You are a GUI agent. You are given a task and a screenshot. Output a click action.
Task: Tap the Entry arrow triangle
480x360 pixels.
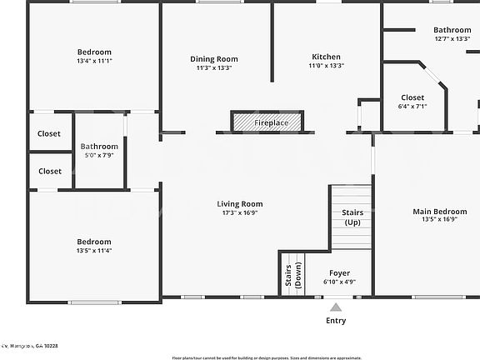coord(336,307)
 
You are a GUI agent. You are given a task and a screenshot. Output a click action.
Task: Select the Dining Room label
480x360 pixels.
coord(214,59)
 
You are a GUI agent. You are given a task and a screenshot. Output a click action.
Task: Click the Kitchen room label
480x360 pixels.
coord(326,57)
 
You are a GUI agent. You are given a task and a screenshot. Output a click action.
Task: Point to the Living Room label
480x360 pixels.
coord(240,204)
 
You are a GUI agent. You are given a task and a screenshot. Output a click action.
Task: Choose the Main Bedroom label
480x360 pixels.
coord(440,212)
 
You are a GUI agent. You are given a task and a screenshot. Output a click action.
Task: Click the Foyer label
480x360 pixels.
coord(339,273)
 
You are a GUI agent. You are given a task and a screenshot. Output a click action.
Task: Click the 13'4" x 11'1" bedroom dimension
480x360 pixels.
coord(94,61)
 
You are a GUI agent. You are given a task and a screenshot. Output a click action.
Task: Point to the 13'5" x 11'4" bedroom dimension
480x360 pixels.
coord(94,250)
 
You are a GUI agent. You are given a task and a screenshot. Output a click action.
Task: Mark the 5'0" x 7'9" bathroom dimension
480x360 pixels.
coord(100,155)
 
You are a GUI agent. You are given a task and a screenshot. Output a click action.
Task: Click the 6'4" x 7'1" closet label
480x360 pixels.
coord(412,107)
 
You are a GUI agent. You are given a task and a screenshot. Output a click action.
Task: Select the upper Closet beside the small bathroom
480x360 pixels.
coord(49,133)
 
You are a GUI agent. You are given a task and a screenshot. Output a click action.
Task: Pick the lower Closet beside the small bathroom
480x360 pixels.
coord(49,171)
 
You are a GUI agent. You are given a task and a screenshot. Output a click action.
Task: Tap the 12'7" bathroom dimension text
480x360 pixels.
coord(457,39)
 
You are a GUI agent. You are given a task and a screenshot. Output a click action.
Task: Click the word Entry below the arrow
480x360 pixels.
coord(336,321)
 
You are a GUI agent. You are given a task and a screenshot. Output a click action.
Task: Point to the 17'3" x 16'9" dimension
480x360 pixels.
coord(240,212)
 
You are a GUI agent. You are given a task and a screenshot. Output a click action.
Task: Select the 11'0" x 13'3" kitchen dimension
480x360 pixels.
coord(326,65)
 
